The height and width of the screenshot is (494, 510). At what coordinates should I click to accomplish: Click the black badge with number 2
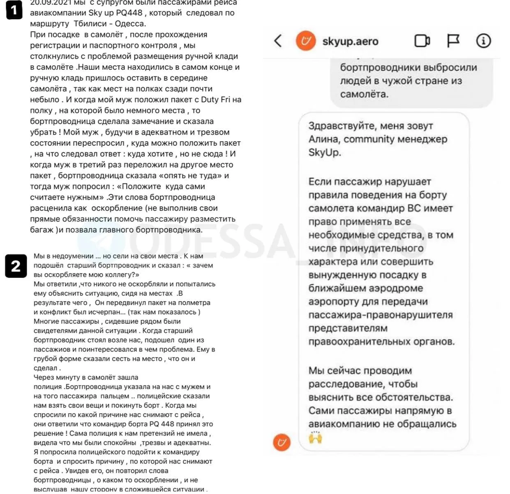pos(16,266)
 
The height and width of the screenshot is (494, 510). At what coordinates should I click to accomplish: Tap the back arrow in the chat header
pos(278,41)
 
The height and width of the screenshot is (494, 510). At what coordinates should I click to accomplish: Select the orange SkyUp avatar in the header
pos(306,41)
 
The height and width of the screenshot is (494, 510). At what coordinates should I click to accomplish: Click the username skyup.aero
pos(350,41)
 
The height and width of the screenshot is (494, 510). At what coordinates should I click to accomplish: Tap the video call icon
pos(422,41)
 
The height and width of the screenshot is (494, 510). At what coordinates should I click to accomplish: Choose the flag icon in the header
pos(453,41)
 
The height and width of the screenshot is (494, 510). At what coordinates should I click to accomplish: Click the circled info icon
pos(483,41)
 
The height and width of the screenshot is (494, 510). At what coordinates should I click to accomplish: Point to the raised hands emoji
pos(315,437)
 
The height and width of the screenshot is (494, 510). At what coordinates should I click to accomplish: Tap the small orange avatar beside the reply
pos(282,442)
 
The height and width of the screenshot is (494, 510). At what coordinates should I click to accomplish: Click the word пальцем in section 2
pos(116,396)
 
